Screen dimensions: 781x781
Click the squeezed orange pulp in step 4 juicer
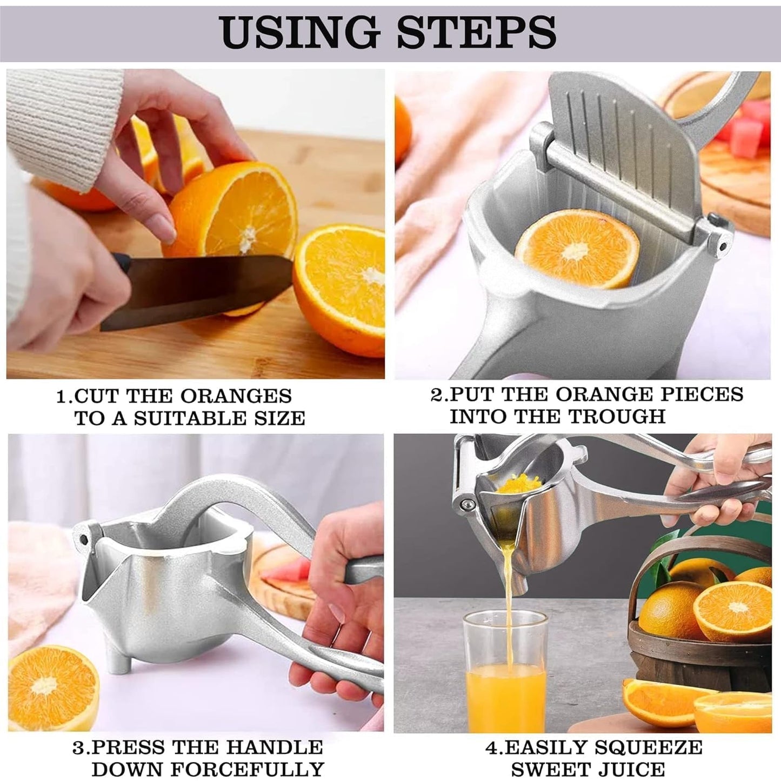click(516, 482)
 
